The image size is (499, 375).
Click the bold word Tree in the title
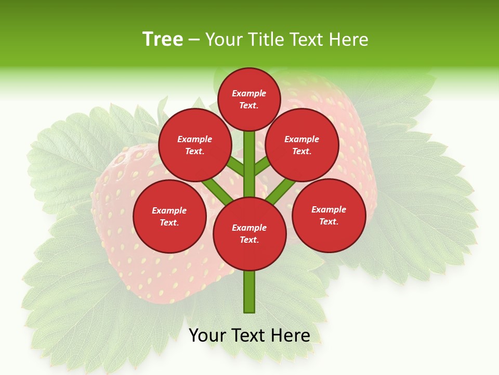pyautogui.click(x=163, y=39)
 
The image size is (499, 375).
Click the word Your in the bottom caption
pyautogui.click(x=207, y=335)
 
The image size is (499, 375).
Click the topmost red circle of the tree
pyautogui.click(x=249, y=99)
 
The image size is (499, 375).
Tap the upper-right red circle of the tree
pyautogui.click(x=302, y=145)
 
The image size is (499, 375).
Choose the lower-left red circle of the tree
pyautogui.click(x=169, y=216)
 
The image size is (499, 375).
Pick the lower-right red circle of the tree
pyautogui.click(x=329, y=215)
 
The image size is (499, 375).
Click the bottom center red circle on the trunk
pyautogui.click(x=249, y=234)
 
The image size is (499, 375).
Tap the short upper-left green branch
pyautogui.click(x=237, y=168)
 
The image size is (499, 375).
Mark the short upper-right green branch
pyautogui.click(x=261, y=167)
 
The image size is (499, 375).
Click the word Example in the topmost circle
pyautogui.click(x=249, y=93)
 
